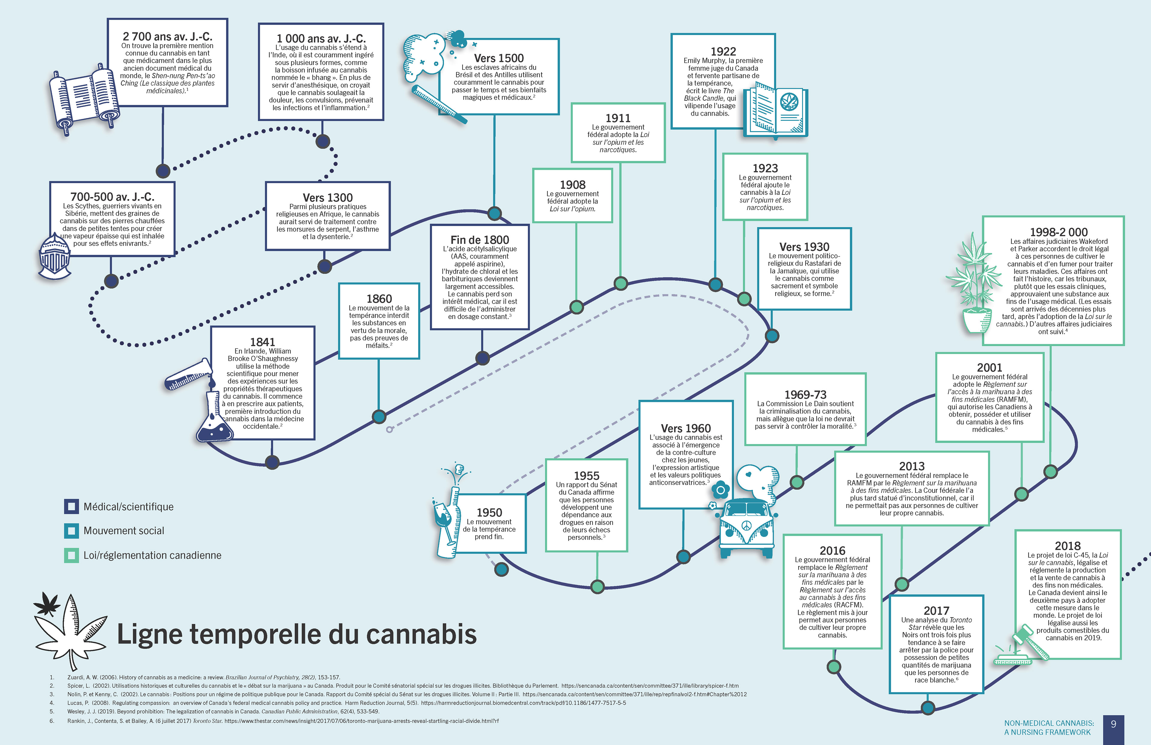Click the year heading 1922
pos(723,51)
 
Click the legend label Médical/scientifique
pos(128,506)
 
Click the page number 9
pos(1113,724)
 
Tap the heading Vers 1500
pos(498,58)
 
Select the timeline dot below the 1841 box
pos(272,462)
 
